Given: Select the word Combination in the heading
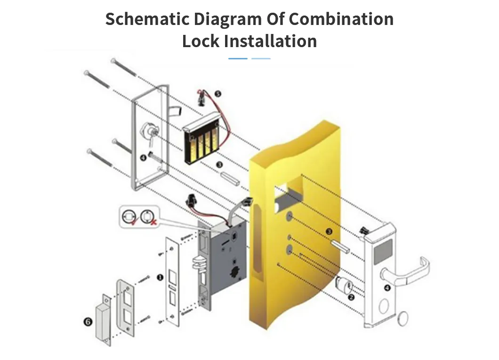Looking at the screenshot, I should click(x=341, y=19).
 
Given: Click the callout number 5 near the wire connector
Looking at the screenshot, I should click(x=217, y=94).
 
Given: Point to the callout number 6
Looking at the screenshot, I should click(x=88, y=322).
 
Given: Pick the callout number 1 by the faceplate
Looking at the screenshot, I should click(x=160, y=277).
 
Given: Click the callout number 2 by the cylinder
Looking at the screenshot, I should click(x=351, y=297).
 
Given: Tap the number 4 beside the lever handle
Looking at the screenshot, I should click(x=387, y=287).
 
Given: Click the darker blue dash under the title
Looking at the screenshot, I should click(x=238, y=58).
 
